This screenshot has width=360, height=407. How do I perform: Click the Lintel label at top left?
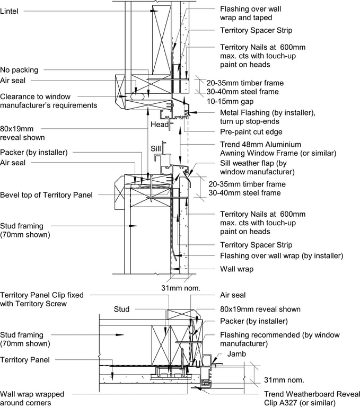coord(10,11)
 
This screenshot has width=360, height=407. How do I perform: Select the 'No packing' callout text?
coord(19,70)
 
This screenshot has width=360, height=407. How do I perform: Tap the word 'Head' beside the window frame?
coord(159,124)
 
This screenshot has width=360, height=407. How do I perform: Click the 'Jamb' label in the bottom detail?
coord(236,353)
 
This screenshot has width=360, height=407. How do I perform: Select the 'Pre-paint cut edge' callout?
coord(251,131)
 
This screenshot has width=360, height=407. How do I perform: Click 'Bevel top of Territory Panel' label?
coord(46,195)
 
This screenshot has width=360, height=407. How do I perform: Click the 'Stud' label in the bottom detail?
coord(121,309)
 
